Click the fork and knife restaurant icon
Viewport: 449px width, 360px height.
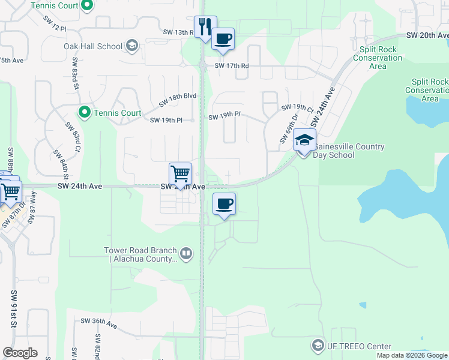[205, 26]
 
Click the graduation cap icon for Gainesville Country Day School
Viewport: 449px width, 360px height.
[304, 141]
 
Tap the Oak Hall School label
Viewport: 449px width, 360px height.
[93, 46]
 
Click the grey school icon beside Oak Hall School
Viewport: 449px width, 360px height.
[132, 46]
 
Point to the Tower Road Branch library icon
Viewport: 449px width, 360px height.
[186, 254]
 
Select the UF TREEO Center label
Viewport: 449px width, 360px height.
[359, 346]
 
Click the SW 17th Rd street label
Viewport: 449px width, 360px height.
[231, 66]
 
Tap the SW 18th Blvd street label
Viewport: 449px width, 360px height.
[178, 100]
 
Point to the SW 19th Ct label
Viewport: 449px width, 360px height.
[297, 108]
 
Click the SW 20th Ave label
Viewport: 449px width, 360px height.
[427, 36]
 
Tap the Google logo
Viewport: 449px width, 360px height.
[20, 353]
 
